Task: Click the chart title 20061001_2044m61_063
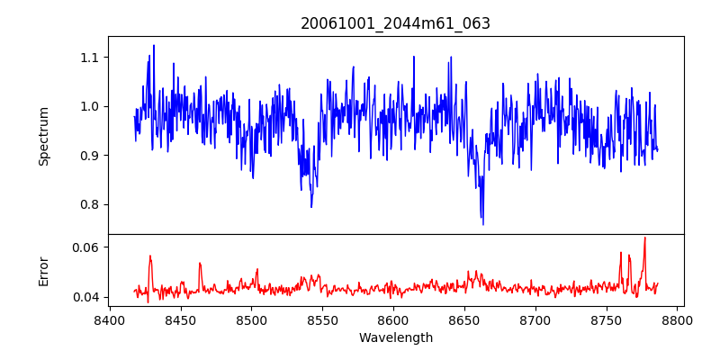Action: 395,23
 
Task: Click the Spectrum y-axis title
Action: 43,136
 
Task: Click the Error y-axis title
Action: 43,271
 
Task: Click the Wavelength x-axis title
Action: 395,338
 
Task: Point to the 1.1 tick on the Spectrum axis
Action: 90,58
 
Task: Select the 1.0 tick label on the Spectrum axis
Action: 90,106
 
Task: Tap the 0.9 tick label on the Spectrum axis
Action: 90,155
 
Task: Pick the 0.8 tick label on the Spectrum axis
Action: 90,204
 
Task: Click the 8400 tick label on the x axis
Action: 109,320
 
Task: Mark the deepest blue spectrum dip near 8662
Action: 482,223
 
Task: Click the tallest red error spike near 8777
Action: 644,238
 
